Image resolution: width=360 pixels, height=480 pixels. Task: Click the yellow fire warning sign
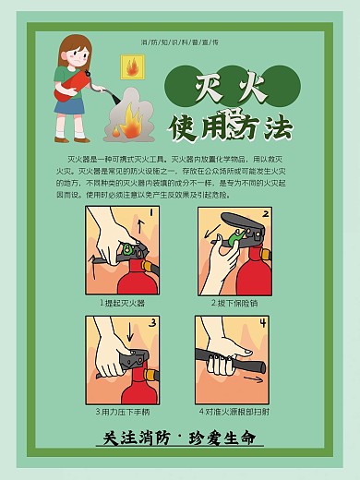[x=132, y=66]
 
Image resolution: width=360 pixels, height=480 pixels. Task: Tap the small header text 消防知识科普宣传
[x=179, y=43]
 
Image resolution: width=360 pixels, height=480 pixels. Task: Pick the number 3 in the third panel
[x=153, y=325]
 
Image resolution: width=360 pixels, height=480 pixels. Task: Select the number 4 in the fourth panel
[x=262, y=324]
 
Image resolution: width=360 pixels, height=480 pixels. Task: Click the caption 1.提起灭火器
[x=122, y=303]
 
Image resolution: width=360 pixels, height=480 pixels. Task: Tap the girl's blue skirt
[x=69, y=107]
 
